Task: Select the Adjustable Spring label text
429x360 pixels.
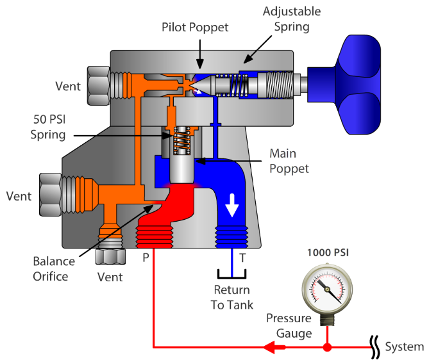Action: point(292,19)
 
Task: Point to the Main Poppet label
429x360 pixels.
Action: point(289,161)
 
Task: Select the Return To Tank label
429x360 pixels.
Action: point(232,298)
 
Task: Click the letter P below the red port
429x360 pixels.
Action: point(146,258)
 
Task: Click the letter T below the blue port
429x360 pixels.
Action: point(242,258)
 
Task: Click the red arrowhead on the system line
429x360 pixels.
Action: point(275,348)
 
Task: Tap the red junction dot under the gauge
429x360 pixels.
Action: point(327,348)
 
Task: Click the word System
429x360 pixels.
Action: point(404,347)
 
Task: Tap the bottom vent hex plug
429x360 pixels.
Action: point(107,256)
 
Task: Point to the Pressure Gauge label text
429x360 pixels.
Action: point(289,325)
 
